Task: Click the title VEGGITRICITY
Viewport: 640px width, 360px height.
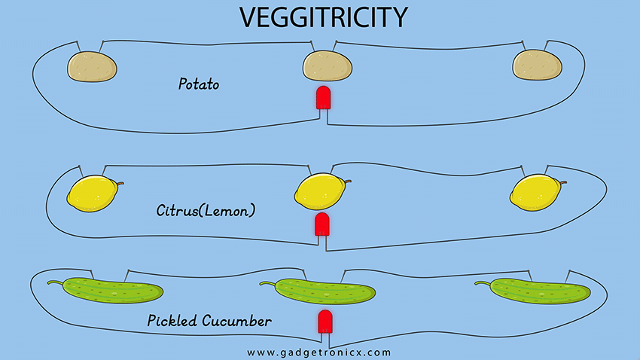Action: click(x=320, y=17)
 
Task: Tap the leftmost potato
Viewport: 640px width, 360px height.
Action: click(x=93, y=66)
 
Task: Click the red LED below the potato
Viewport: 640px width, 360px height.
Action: click(x=323, y=99)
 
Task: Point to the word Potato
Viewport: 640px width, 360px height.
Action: click(x=198, y=84)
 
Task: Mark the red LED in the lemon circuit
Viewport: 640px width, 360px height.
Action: click(x=322, y=224)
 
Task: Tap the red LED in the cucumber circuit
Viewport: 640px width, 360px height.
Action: click(x=325, y=322)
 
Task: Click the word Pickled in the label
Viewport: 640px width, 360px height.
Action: click(x=172, y=322)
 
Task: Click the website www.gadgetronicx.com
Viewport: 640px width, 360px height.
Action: click(x=319, y=352)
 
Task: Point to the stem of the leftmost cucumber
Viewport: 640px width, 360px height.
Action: click(x=55, y=283)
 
